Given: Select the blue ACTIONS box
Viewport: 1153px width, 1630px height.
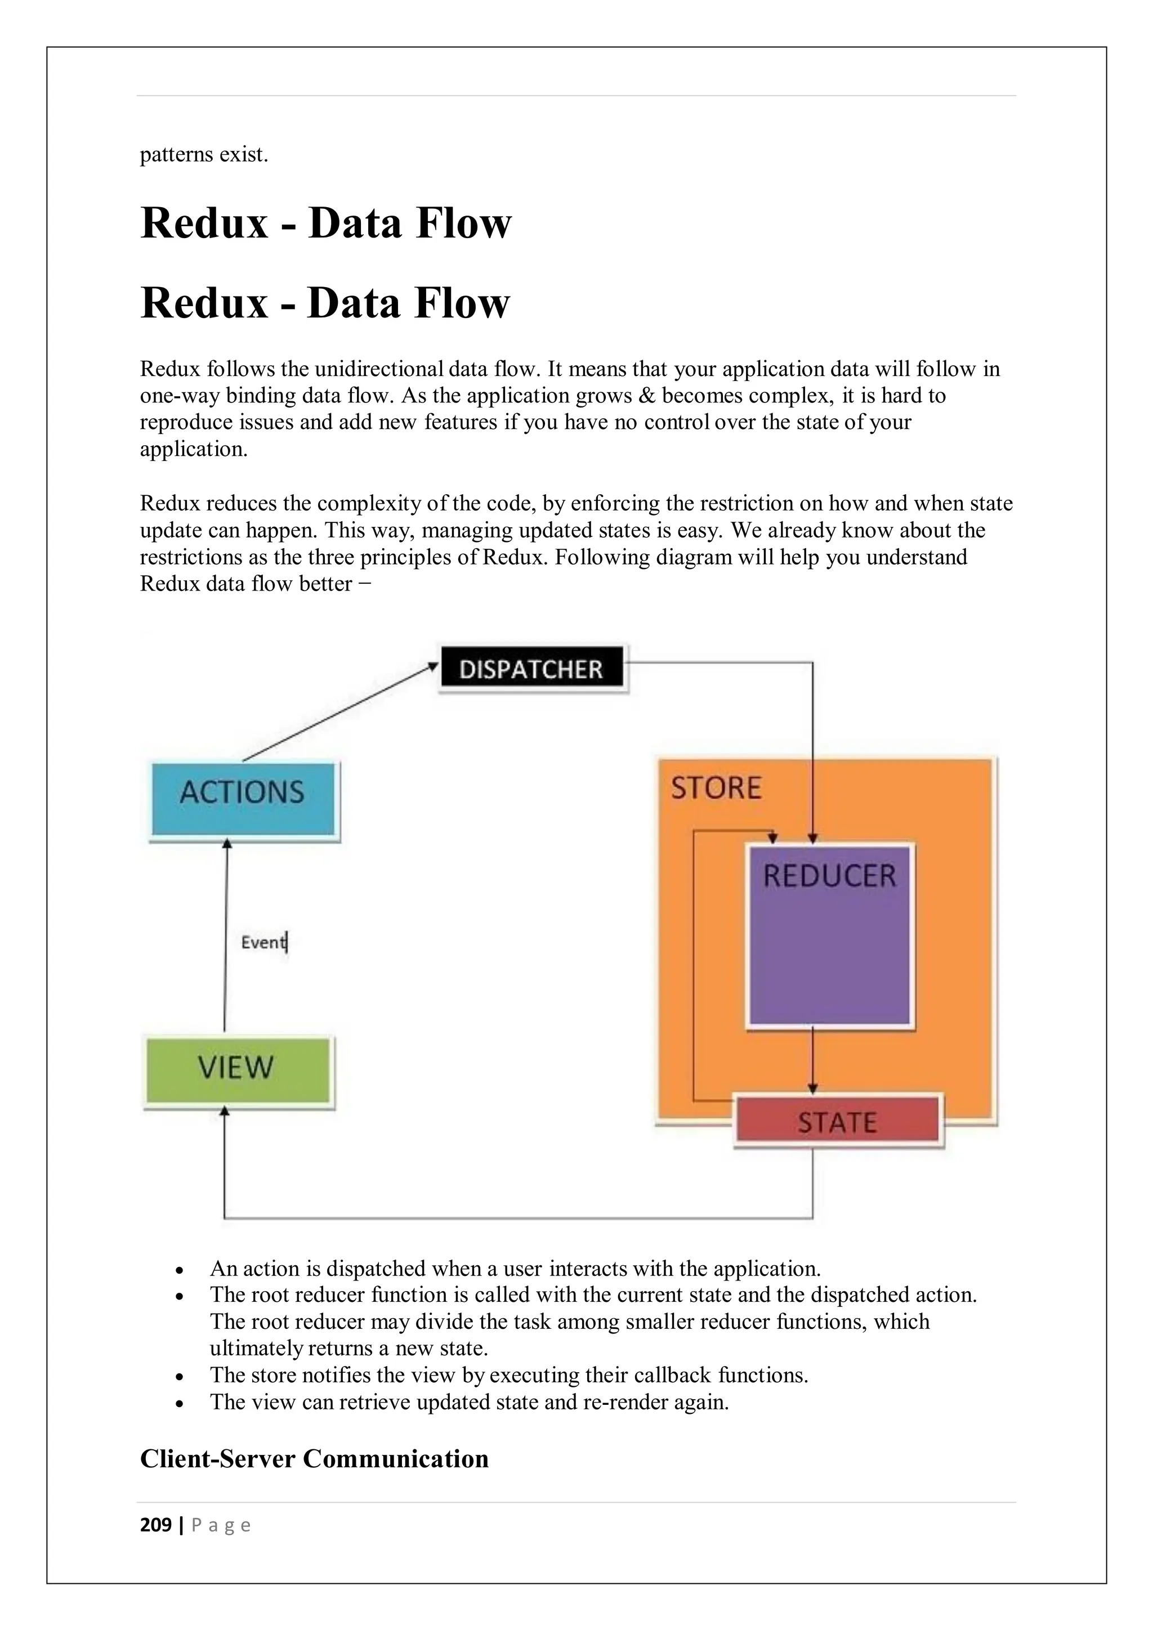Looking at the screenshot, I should [x=243, y=799].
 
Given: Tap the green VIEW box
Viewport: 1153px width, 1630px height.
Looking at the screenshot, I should [x=237, y=1071].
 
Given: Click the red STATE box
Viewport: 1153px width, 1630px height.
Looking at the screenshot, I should [x=837, y=1122].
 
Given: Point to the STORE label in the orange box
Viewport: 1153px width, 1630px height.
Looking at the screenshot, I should [x=716, y=788].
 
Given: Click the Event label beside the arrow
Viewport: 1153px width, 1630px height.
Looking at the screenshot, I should [x=263, y=942].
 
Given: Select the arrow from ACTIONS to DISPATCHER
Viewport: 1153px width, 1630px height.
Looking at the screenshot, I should [x=339, y=712].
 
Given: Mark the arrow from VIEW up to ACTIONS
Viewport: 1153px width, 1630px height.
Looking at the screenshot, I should [x=226, y=937].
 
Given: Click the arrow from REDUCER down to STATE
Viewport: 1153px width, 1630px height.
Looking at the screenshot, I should [x=813, y=1059].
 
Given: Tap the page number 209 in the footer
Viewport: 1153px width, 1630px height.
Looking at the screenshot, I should [x=155, y=1525].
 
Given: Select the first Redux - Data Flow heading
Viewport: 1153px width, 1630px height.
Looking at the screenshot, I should [x=326, y=223].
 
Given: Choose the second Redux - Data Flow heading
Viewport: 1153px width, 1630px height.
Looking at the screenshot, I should [x=325, y=303].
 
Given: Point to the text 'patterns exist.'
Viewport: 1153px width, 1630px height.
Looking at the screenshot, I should [x=204, y=154].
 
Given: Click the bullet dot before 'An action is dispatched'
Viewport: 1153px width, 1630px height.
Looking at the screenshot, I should [x=180, y=1270].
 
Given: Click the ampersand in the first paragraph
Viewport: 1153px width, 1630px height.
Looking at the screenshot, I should [x=647, y=396].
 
